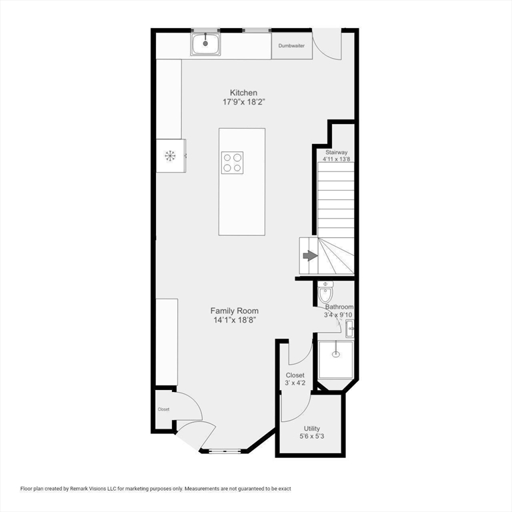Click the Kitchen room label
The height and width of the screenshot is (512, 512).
[243, 93]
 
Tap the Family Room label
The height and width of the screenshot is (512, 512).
[234, 311]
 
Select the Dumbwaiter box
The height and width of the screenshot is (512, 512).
[291, 46]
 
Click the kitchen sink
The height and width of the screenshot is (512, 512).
[205, 44]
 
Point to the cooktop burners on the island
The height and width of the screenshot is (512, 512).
[232, 163]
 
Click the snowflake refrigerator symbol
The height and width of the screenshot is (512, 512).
[170, 156]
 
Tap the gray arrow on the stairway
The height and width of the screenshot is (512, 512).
[310, 256]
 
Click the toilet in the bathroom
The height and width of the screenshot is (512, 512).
[325, 291]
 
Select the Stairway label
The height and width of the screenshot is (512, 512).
[336, 153]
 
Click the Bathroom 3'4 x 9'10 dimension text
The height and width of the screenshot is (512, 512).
[338, 315]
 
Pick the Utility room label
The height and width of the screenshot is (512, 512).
[312, 429]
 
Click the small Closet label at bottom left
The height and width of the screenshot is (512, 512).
[163, 409]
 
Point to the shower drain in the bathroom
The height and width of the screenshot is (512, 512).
[335, 353]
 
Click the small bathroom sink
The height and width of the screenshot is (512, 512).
[350, 329]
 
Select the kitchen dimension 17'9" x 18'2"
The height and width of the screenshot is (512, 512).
[243, 102]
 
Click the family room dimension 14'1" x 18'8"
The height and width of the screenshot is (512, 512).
[234, 320]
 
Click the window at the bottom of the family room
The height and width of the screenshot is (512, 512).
[225, 451]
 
